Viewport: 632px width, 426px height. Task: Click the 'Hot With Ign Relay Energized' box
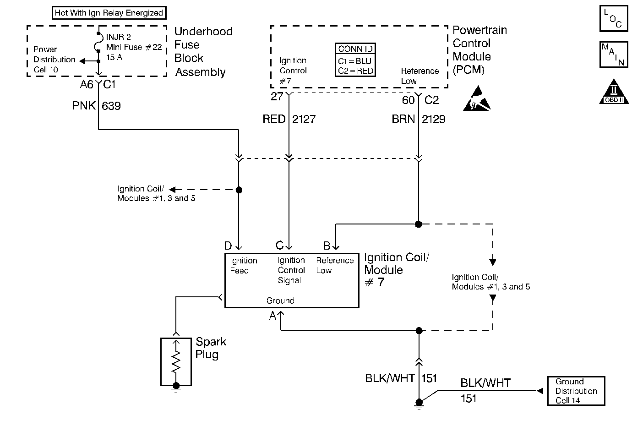(x=109, y=13)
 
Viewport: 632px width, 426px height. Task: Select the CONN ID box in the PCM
(x=355, y=60)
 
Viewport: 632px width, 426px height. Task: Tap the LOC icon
(x=613, y=19)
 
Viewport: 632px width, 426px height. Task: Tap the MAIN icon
(x=613, y=55)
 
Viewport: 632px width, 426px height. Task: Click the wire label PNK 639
(x=97, y=106)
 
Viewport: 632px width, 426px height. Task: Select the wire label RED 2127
(x=289, y=119)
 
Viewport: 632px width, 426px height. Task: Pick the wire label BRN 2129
(x=418, y=119)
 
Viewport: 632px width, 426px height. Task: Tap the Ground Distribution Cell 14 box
(x=576, y=391)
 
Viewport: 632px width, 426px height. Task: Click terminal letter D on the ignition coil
(x=228, y=246)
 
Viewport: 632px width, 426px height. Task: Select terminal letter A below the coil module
(x=272, y=316)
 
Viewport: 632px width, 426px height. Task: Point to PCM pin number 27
(x=277, y=97)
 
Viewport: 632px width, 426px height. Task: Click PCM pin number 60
(x=408, y=100)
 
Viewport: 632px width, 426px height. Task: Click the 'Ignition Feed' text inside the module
(x=243, y=266)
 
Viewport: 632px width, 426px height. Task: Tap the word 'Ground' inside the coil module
(x=280, y=300)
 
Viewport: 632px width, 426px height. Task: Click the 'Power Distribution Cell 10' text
(x=54, y=60)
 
